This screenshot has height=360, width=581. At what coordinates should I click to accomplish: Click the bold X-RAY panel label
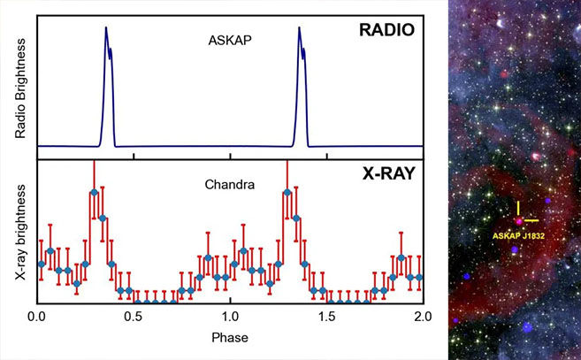389,173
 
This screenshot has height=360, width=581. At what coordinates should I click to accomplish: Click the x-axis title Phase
230,338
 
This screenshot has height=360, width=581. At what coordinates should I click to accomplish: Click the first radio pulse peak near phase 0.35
105,28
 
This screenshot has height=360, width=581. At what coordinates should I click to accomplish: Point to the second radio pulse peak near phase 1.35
299,28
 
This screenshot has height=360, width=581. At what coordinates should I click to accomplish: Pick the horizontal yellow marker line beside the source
531,219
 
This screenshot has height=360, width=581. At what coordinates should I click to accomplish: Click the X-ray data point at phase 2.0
420,278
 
